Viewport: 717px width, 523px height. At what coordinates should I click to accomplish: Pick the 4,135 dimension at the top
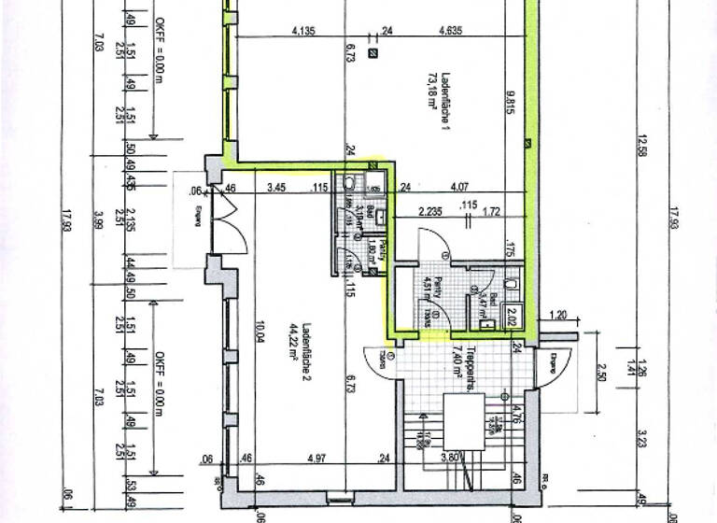click(303, 31)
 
